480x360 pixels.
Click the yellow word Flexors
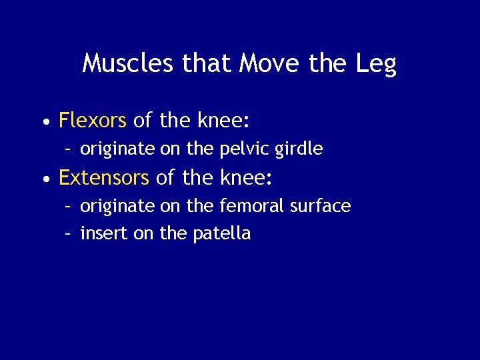[93, 120]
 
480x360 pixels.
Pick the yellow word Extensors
[103, 178]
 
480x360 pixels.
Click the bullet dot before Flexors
[44, 122]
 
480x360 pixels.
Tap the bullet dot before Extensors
[44, 180]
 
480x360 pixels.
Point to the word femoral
[251, 207]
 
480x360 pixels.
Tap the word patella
[221, 233]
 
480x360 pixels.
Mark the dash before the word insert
[68, 234]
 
